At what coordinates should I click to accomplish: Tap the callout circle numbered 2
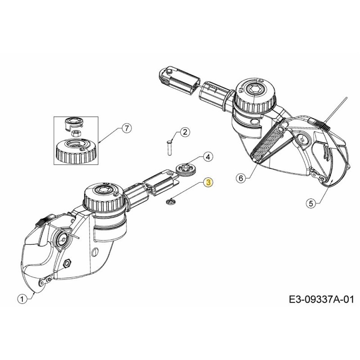(185, 132)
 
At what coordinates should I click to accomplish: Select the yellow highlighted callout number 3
(208, 182)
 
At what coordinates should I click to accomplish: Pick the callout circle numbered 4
(207, 157)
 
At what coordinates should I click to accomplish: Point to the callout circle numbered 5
(311, 203)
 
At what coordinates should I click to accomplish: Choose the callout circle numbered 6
(241, 178)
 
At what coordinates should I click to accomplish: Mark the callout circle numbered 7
(126, 129)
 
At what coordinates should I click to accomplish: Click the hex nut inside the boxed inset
(76, 134)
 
